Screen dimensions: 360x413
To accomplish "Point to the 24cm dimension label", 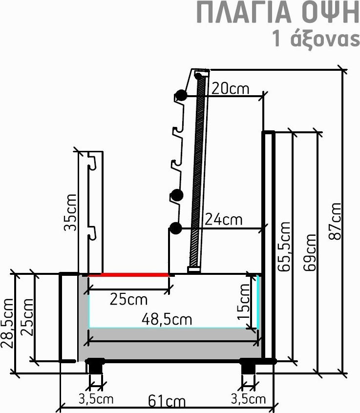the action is (x=224, y=219).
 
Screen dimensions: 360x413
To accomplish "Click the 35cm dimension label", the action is (x=70, y=212).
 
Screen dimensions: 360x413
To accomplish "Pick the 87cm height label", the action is (x=335, y=221).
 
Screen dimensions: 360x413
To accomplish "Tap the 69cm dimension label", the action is (x=310, y=252).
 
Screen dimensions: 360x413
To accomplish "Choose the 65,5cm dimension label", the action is (x=284, y=247).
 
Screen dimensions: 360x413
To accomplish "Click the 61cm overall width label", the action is (x=167, y=401).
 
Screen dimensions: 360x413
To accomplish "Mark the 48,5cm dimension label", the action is (x=167, y=319).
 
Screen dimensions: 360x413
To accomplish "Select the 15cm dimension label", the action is (x=244, y=302).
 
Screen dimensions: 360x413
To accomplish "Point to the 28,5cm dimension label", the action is (x=7, y=324).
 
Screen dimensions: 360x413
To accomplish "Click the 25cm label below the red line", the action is (x=128, y=299).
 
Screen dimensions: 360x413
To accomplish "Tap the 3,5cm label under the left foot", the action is (x=96, y=399).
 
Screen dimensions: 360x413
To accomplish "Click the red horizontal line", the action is (x=128, y=275).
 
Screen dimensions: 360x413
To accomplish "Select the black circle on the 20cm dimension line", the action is (x=181, y=95).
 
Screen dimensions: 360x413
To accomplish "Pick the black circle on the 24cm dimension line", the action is (x=176, y=228).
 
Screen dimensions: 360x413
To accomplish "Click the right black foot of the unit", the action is (x=248, y=366).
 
